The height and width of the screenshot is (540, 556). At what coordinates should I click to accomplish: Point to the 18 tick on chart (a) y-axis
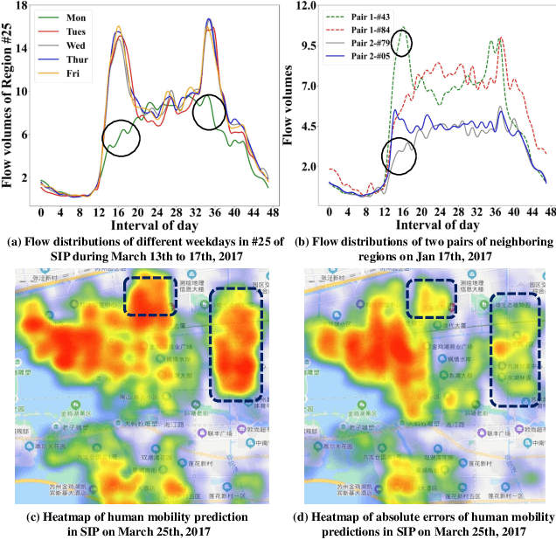pos(20,6)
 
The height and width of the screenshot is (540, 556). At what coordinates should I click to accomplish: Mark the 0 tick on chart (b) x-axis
pos(330,213)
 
